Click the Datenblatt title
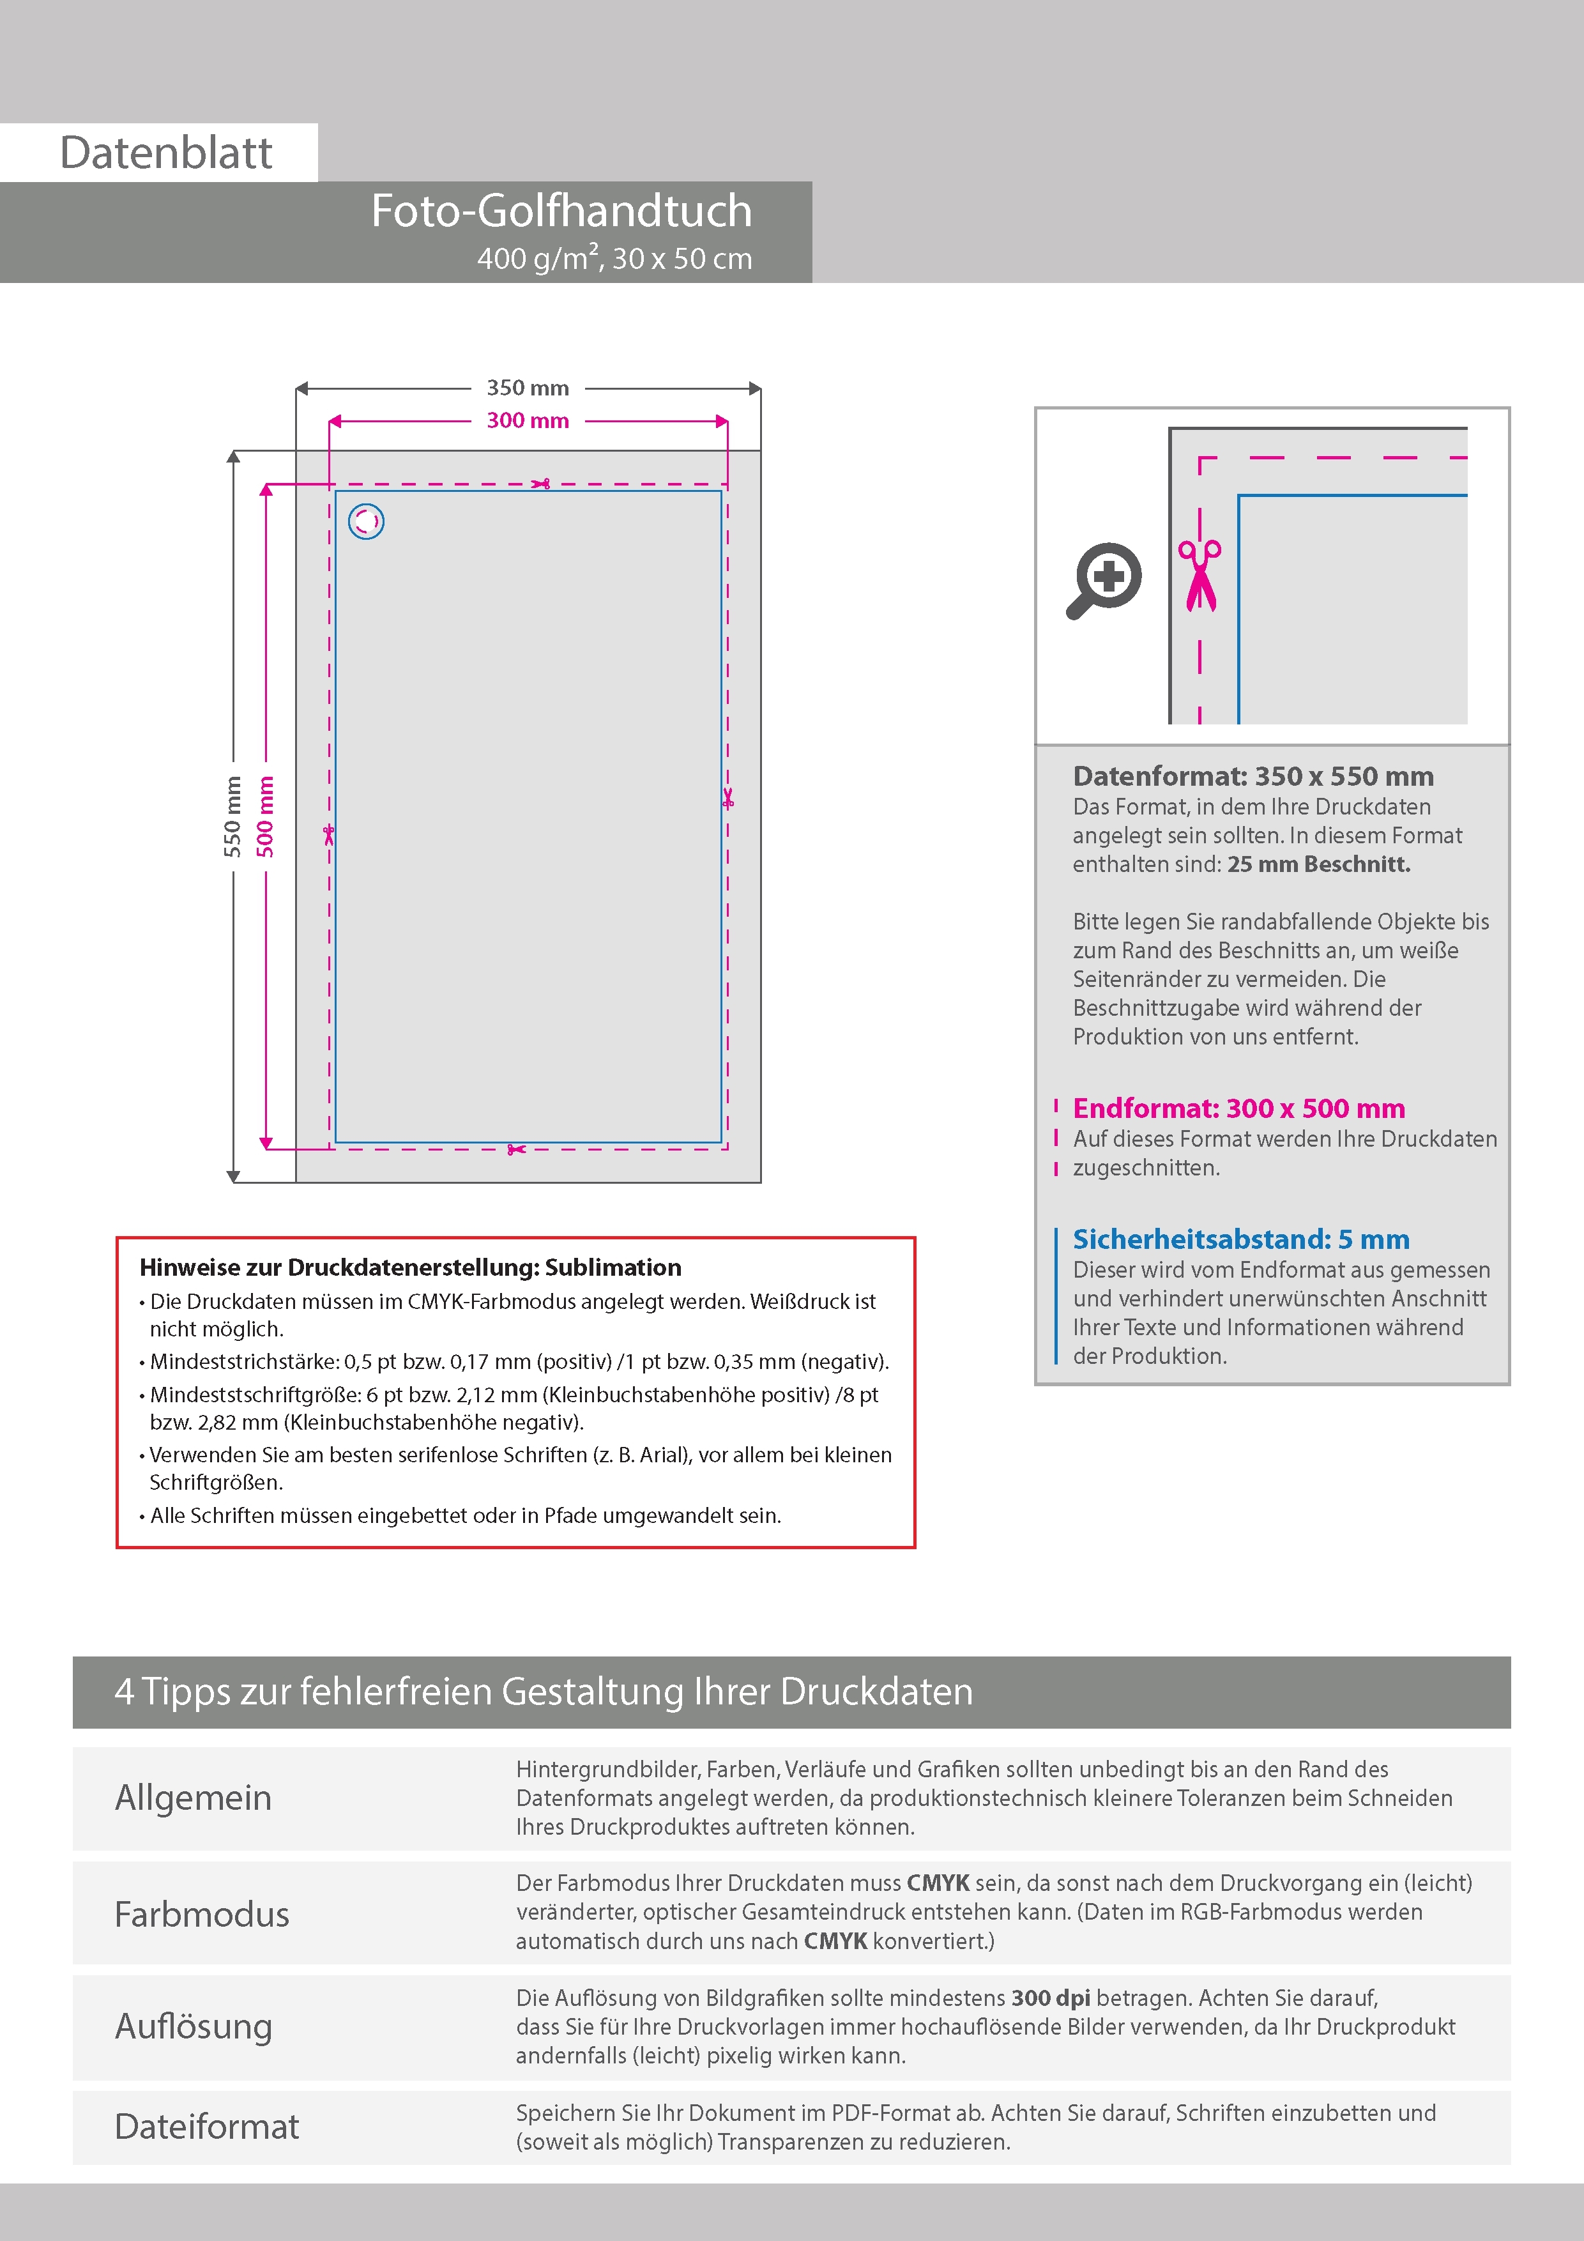(166, 153)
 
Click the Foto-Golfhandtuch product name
(561, 211)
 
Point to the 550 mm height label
(232, 816)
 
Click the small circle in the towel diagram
(366, 521)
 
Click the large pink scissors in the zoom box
(1199, 575)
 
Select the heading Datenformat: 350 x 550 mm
(1253, 777)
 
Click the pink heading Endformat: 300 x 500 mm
(1238, 1109)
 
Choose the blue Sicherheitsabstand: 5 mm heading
(1240, 1239)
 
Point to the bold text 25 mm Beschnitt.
(1318, 865)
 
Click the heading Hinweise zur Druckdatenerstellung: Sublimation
(410, 1268)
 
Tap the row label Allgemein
(194, 1798)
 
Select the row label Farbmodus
(202, 1914)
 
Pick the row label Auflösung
(194, 2026)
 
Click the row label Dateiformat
(207, 2127)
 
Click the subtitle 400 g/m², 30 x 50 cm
(615, 259)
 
